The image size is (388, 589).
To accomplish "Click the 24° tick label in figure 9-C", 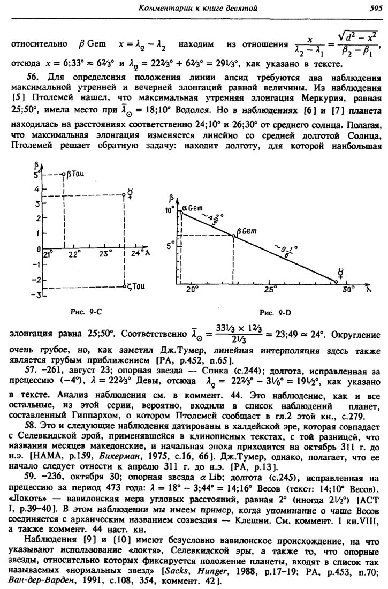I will [136, 253].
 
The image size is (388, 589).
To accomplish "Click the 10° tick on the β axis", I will [170, 211].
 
